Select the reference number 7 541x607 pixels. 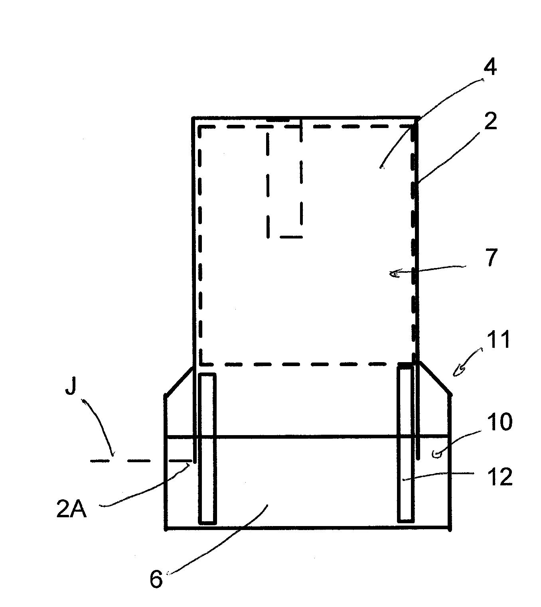(491, 257)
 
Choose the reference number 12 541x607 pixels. (500, 477)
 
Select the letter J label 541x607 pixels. (71, 386)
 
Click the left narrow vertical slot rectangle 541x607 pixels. (207, 449)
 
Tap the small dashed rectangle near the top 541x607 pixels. (284, 179)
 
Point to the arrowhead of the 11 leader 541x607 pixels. (458, 372)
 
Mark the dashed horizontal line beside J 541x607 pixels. (141, 461)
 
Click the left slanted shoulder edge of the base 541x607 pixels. (179, 381)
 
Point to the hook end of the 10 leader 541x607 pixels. (437, 455)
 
